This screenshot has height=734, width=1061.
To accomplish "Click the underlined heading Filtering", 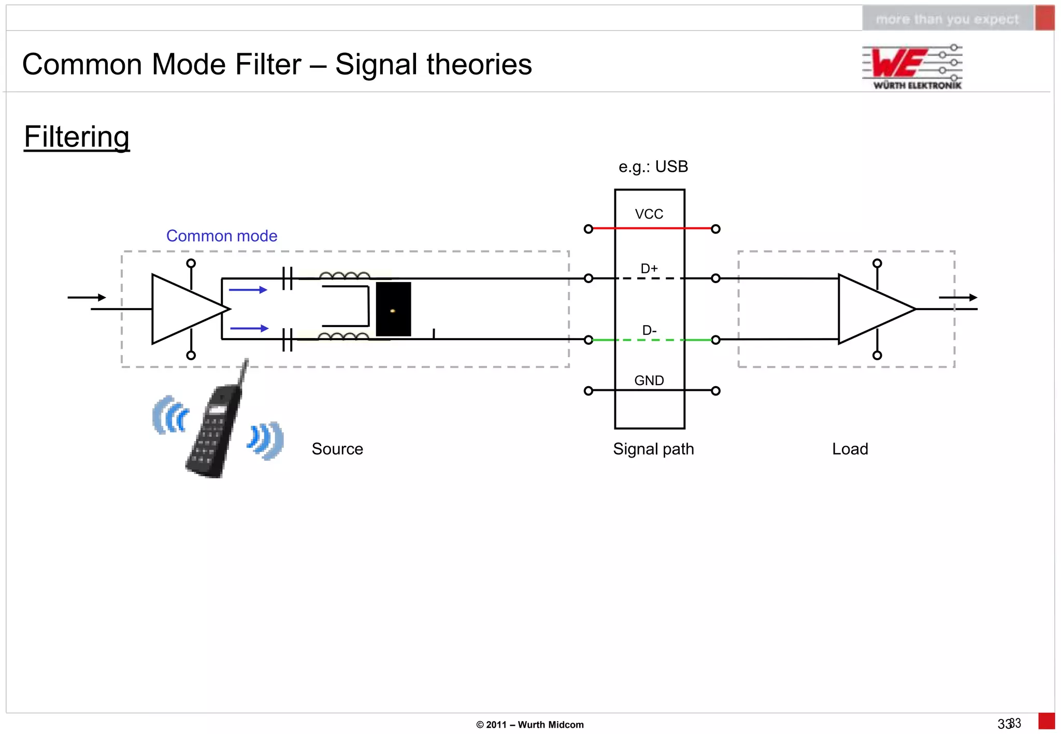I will (77, 137).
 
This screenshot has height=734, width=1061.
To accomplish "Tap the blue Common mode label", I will (221, 236).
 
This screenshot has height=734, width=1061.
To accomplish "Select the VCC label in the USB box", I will (649, 214).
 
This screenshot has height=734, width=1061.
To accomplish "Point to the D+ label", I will (649, 268).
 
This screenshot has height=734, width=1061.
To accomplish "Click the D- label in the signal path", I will (649, 330).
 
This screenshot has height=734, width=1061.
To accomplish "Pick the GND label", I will (649, 380).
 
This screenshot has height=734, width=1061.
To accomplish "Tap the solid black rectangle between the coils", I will (393, 309).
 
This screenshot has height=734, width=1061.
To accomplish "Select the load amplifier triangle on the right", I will (870, 309).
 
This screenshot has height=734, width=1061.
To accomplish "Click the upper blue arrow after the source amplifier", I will (248, 290).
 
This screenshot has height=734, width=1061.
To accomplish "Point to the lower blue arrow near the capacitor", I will (249, 328).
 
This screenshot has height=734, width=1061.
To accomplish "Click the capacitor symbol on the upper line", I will (288, 278).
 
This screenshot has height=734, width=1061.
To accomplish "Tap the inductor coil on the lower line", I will (343, 337).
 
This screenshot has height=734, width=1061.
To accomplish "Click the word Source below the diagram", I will (337, 449).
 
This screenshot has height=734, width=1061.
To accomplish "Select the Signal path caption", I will (653, 449).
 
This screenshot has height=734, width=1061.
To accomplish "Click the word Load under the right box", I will (850, 449).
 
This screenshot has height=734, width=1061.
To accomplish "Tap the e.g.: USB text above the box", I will (653, 167).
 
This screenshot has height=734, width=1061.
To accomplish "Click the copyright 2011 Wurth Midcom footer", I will (529, 725).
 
